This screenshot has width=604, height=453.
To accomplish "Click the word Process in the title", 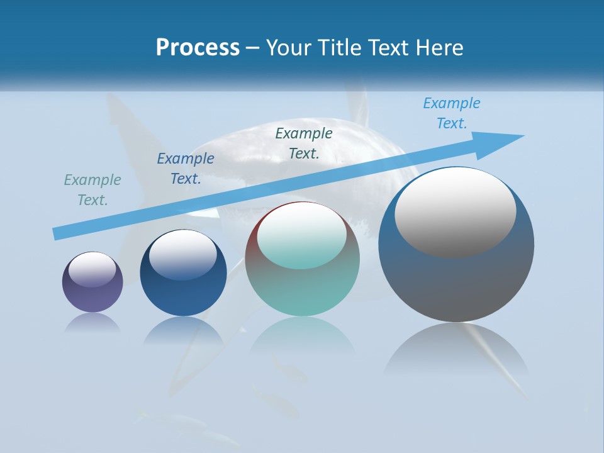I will click(198, 48).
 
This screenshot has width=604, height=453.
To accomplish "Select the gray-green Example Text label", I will click(92, 190).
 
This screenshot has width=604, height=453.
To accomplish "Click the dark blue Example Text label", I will click(186, 169).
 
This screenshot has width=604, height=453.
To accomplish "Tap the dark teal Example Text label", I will click(304, 143).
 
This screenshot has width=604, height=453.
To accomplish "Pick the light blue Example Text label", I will click(452, 113).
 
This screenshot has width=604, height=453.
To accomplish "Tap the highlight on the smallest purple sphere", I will click(92, 270).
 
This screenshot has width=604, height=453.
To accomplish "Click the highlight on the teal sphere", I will click(302, 235).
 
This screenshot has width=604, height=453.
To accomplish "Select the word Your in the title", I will click(287, 48).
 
